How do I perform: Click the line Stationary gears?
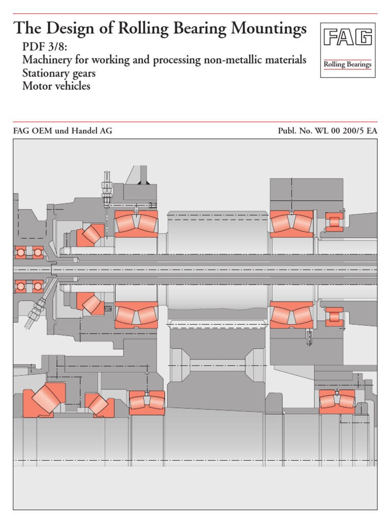pyautogui.click(x=59, y=73)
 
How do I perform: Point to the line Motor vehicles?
pyautogui.click(x=56, y=86)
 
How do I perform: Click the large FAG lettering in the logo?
pyautogui.click(x=348, y=39)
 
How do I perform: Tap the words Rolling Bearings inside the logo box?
pyautogui.click(x=348, y=65)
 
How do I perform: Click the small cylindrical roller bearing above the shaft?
pyautogui.click(x=334, y=222)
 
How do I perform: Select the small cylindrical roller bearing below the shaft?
pyautogui.click(x=334, y=316)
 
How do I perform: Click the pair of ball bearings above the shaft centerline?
pyautogui.click(x=29, y=252)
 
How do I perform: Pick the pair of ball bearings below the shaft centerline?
pyautogui.click(x=29, y=287)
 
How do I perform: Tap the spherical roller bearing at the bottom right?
pyautogui.click(x=337, y=401)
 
